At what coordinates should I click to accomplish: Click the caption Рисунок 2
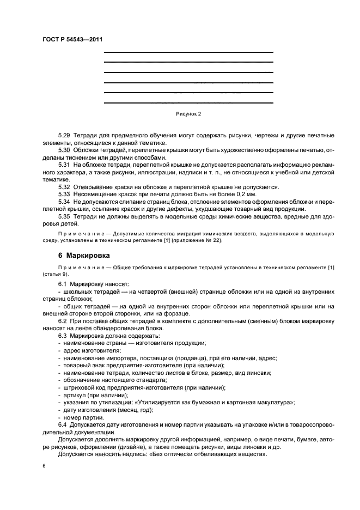(188, 114)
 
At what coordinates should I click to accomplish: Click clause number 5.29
(64, 134)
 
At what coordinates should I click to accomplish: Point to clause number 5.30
(64, 149)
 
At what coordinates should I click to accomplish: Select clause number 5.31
(64, 164)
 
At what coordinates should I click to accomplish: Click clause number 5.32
(64, 186)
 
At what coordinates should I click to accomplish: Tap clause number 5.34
(64, 202)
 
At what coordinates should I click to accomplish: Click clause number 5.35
(64, 216)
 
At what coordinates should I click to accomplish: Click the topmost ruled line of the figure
(188, 52)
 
